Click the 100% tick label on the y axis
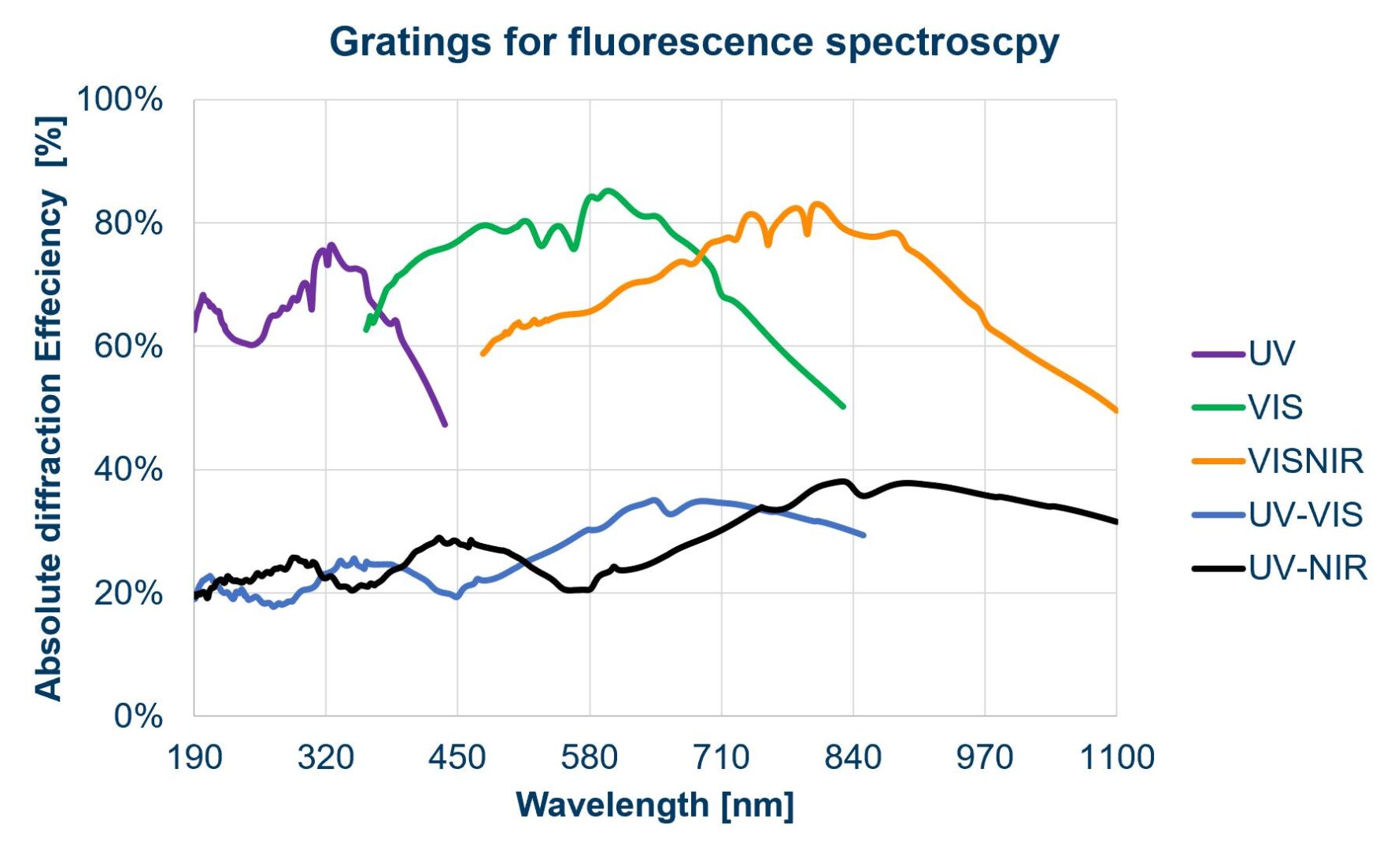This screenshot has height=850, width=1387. (120, 100)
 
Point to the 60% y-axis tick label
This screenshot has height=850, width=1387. (128, 346)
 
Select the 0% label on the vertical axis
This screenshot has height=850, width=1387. (138, 716)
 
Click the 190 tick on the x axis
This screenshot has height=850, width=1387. (194, 758)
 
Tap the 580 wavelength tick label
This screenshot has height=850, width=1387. (590, 758)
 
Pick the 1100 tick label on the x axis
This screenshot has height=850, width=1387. (1116, 758)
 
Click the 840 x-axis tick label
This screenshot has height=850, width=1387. (853, 758)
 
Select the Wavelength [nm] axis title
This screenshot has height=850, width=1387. (655, 805)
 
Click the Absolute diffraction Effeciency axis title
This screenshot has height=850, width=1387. (49, 408)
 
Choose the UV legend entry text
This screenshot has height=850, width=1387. (1271, 353)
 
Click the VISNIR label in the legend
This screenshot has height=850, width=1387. (1305, 461)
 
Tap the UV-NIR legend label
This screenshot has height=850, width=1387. (1307, 568)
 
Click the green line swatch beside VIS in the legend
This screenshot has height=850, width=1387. (1218, 408)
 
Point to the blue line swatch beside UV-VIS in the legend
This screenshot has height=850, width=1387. (1218, 515)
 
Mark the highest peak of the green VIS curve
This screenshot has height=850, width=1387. (608, 190)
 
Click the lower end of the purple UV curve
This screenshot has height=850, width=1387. (445, 425)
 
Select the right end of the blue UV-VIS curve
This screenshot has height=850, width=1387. (864, 535)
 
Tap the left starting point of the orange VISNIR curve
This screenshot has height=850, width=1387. (483, 354)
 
